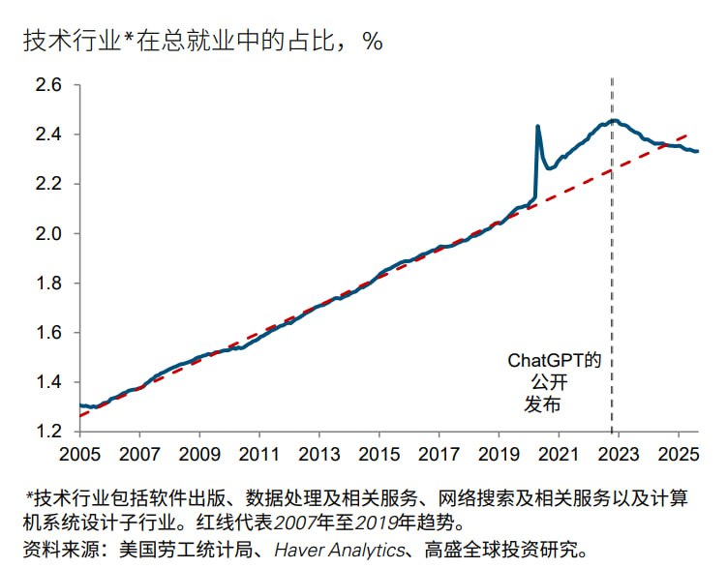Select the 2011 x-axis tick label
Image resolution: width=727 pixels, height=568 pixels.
click(259, 453)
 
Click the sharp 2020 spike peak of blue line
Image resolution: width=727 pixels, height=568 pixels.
click(537, 126)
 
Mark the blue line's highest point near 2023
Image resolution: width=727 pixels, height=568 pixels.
click(612, 121)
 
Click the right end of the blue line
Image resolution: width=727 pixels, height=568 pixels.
click(698, 151)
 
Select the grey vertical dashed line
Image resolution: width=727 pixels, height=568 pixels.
click(612, 290)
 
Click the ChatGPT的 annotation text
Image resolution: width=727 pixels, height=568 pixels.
click(555, 360)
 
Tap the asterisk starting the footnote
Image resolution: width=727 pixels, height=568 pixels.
click(30, 496)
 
